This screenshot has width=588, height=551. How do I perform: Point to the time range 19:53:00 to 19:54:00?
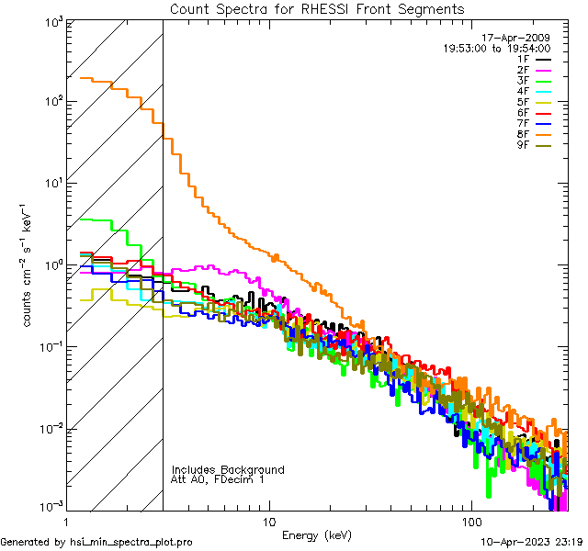point(497,49)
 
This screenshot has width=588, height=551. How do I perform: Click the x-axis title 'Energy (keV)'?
point(316,535)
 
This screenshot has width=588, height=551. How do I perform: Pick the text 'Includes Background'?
point(228,470)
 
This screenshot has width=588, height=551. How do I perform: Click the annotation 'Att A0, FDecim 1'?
point(219,480)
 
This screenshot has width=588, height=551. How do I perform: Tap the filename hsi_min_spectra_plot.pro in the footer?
point(131,543)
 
